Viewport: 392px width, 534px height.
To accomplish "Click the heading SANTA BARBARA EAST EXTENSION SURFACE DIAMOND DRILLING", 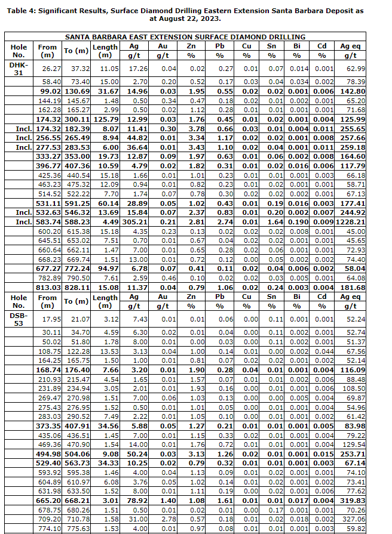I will (194, 37).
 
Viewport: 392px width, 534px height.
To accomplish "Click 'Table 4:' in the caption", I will (24, 11).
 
